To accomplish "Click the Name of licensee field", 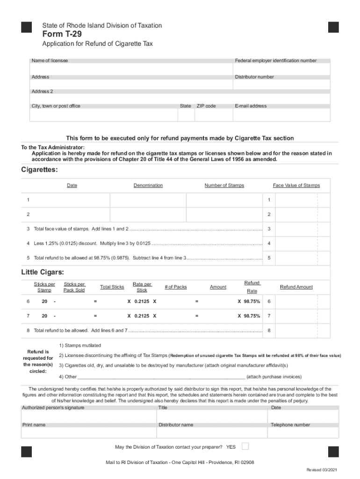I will [131, 69].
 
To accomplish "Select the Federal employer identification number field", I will [282, 69].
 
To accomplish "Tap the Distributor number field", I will [282, 85].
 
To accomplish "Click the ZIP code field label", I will [206, 106].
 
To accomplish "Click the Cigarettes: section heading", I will [40, 170].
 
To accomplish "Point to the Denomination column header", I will [148, 186].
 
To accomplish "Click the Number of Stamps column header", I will [224, 186].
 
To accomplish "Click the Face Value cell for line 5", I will [296, 258].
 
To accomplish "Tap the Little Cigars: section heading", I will [43, 272].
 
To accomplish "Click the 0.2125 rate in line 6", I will [142, 302].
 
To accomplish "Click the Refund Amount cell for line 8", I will [296, 331].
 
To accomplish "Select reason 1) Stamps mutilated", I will [79, 346].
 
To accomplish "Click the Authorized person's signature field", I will [89, 416].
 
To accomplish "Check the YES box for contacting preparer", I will [245, 446].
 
